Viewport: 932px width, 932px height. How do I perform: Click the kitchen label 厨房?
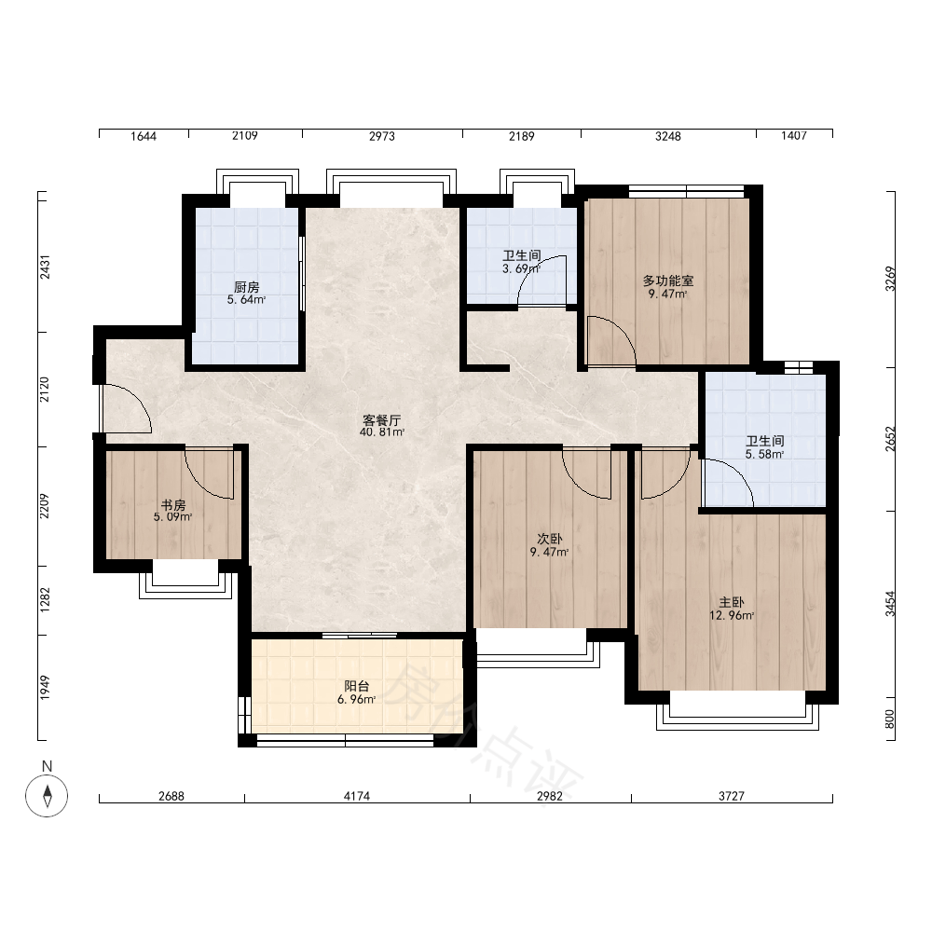[247, 287]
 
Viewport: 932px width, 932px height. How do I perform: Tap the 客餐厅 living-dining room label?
[381, 419]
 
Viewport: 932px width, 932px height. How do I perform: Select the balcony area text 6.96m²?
[357, 700]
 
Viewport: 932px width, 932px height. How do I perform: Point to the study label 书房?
[173, 505]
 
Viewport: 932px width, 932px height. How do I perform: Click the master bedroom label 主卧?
[732, 603]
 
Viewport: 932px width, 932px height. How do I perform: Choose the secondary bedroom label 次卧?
[549, 539]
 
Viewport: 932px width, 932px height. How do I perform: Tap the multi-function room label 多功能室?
[668, 281]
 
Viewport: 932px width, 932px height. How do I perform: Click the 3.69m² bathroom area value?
[521, 268]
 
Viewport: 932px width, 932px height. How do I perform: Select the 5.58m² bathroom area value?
[765, 454]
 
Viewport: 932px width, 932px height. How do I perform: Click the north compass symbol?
[47, 796]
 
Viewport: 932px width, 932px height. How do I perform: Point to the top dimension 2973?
[381, 136]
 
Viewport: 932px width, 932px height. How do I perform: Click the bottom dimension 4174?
[357, 796]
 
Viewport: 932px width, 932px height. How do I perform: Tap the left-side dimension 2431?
[45, 267]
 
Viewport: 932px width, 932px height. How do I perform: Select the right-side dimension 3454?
[890, 604]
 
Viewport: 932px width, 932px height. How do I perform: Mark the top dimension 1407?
[794, 136]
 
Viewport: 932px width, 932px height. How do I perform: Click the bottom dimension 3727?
[731, 796]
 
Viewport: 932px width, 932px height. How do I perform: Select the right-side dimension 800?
[890, 720]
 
